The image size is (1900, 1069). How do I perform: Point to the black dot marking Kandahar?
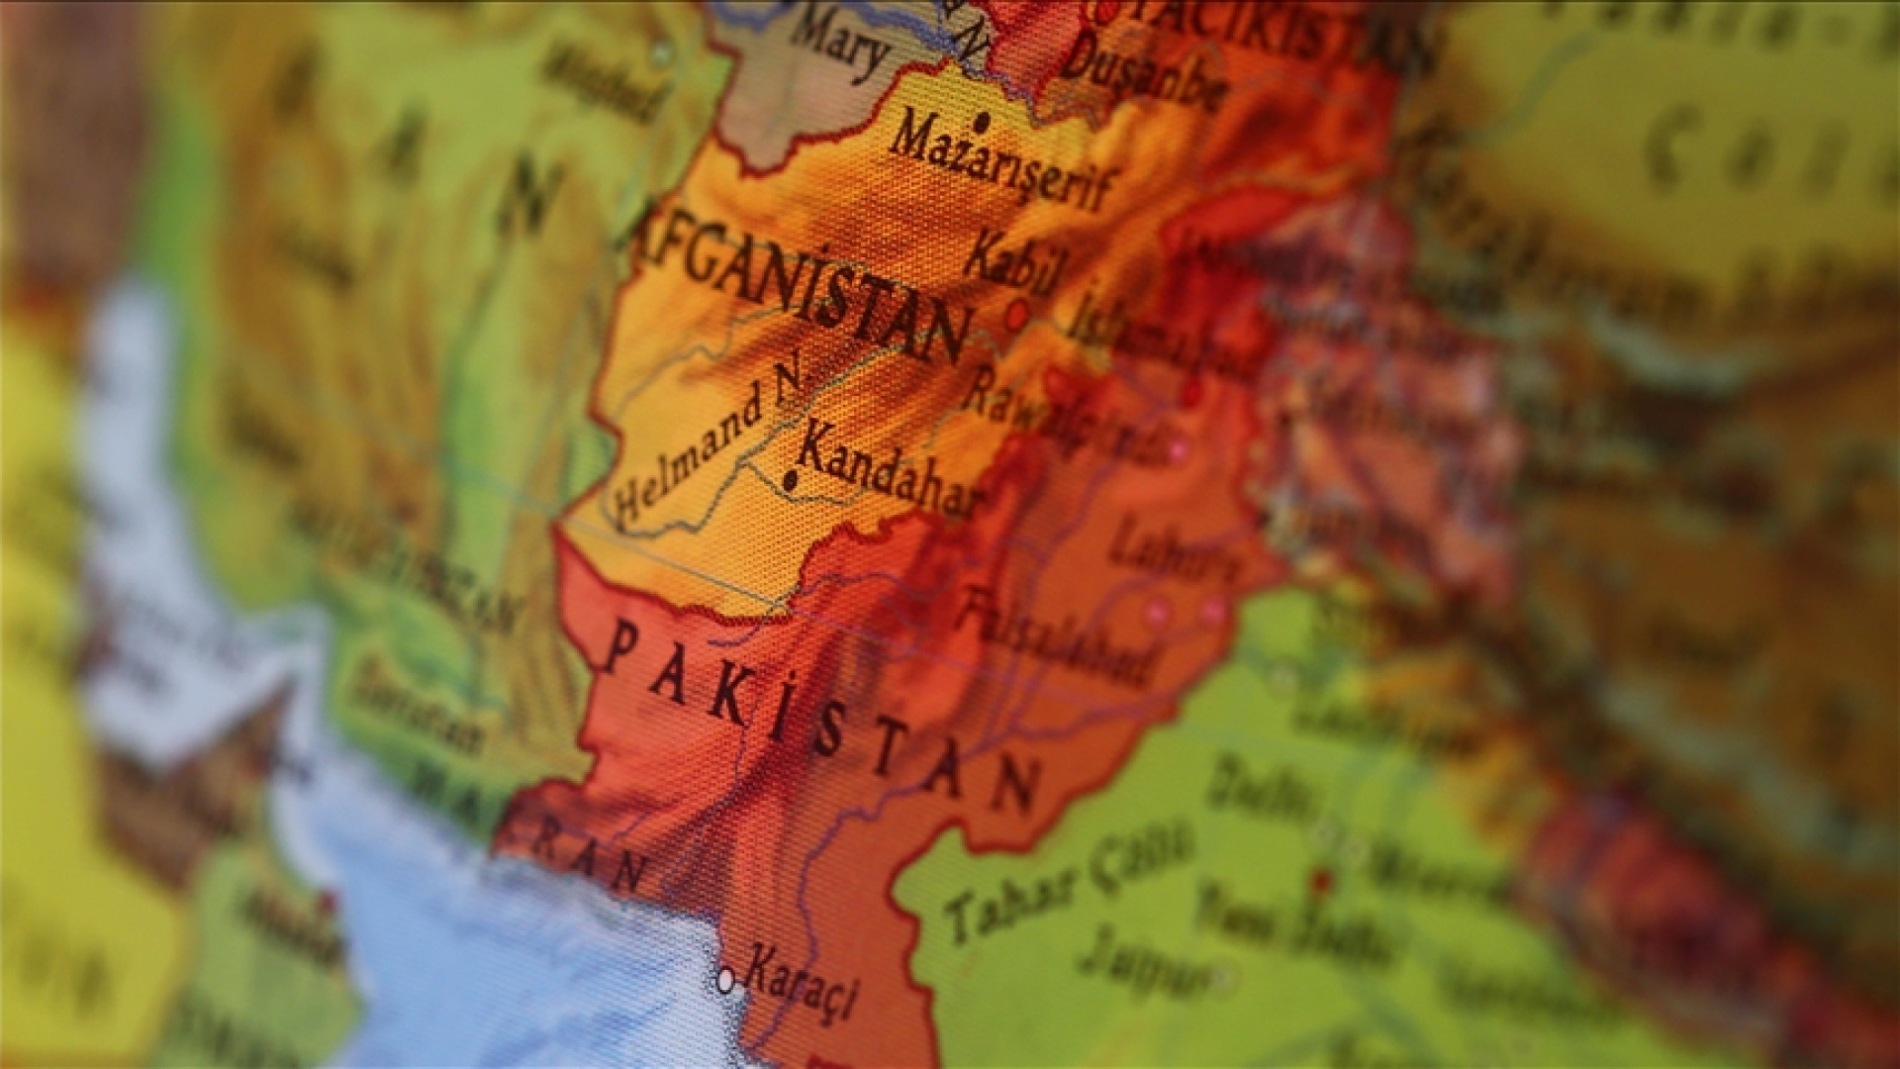(790, 482)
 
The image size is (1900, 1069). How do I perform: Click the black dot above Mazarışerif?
(982, 124)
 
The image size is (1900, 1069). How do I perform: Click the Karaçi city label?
(802, 980)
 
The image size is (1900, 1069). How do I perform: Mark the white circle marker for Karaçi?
(725, 980)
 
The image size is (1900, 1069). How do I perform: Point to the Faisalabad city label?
(1057, 638)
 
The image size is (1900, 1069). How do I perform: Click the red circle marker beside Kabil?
(1016, 316)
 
